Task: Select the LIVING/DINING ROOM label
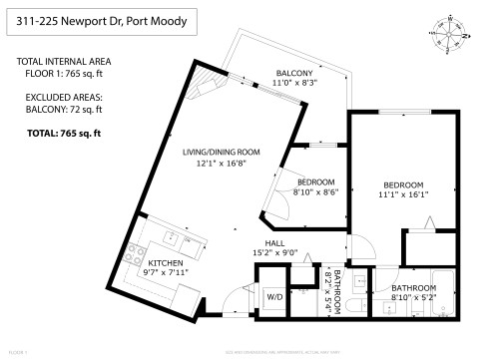pos(221,152)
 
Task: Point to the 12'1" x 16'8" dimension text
pos(221,163)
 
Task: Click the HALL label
pos(275,243)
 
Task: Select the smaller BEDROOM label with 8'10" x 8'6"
pos(314,182)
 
